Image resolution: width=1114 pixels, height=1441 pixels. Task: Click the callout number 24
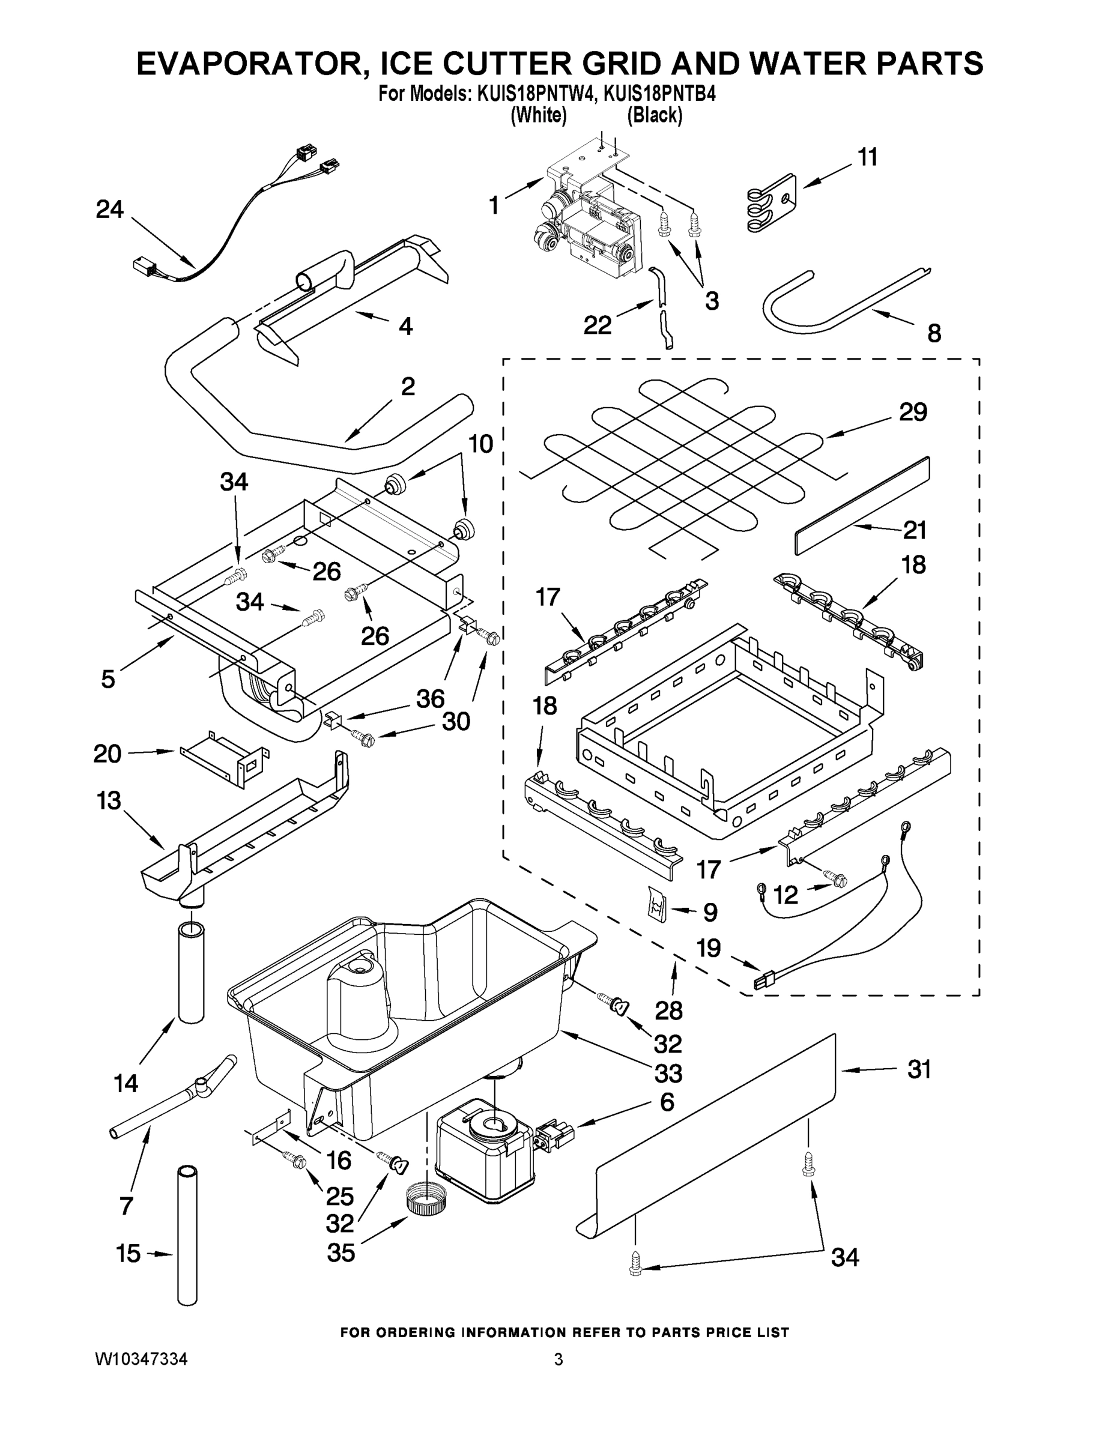(x=109, y=210)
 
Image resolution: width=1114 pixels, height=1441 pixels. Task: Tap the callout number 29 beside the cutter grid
(x=913, y=412)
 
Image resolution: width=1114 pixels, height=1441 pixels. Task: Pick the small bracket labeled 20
(x=224, y=759)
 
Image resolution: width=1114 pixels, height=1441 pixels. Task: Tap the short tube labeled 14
(x=190, y=973)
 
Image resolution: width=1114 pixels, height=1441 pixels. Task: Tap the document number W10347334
(x=141, y=1359)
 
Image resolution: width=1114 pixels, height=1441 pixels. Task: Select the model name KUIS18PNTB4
(x=660, y=94)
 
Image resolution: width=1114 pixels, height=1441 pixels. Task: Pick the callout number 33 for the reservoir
(x=667, y=1074)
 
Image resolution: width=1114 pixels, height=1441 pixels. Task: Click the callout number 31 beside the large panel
(x=919, y=1069)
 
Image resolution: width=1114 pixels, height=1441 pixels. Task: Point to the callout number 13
(x=109, y=801)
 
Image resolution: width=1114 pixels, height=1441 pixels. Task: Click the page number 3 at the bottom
(x=559, y=1360)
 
